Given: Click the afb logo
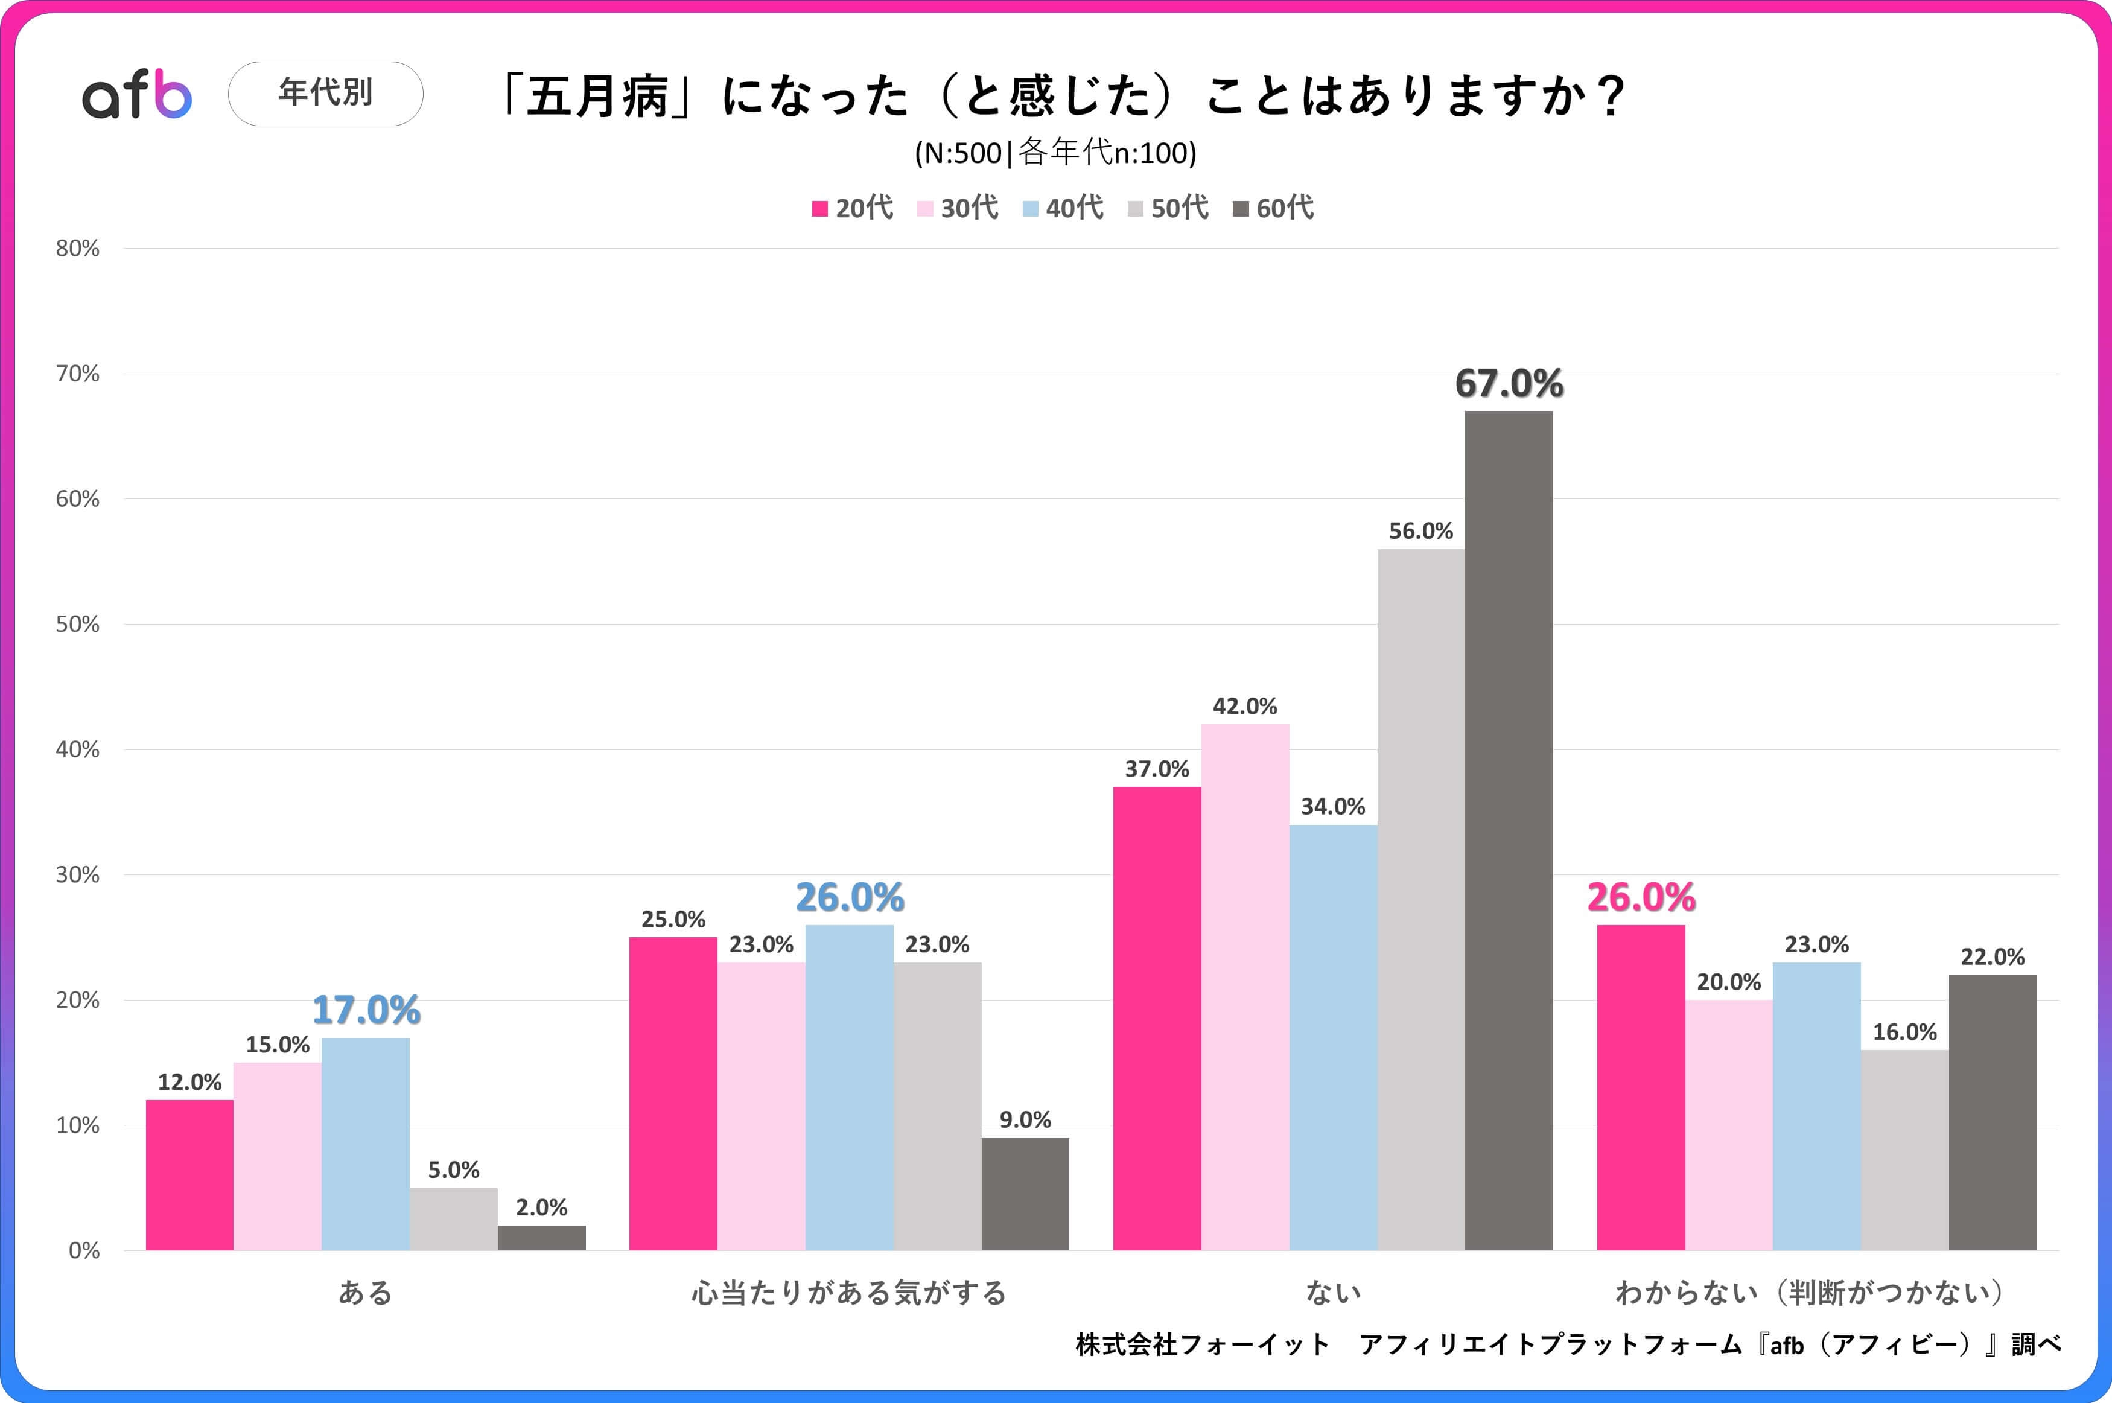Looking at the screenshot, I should [x=137, y=94].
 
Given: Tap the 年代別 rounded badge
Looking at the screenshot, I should [x=326, y=93].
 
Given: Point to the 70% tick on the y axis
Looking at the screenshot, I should [x=78, y=374].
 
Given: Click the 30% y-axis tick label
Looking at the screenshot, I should [x=78, y=875].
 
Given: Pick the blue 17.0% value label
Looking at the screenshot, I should [x=366, y=1010].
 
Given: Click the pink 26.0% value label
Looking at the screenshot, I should [x=1641, y=897].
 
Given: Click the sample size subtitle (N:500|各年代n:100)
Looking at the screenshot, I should [x=1055, y=153].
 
